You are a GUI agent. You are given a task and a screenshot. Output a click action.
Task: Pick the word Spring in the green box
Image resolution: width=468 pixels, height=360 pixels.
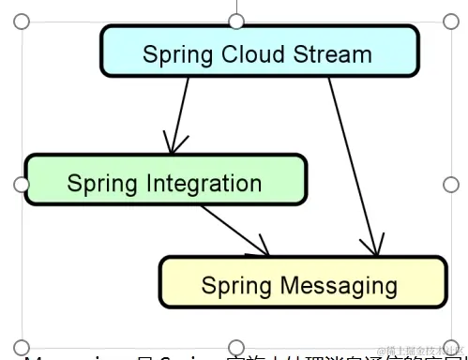point(97,184)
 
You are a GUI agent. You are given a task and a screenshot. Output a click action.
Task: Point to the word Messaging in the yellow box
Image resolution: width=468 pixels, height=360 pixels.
point(330,284)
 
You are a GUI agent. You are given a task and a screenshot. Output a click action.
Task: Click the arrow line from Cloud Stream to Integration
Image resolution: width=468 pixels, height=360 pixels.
point(179,112)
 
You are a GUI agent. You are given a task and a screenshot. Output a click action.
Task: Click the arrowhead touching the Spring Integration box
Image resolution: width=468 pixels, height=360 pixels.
point(172,146)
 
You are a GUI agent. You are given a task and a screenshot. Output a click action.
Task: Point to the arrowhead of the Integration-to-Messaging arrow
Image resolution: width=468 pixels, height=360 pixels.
point(263,248)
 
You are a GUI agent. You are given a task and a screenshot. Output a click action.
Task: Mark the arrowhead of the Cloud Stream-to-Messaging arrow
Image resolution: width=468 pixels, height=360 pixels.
point(373,248)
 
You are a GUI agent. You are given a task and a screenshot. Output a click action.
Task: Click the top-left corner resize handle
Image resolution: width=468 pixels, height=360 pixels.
point(22,21)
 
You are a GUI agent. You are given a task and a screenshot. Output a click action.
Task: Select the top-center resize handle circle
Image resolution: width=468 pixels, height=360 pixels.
point(236,21)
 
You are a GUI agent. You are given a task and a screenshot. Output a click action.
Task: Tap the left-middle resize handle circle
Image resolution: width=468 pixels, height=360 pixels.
point(22,184)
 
